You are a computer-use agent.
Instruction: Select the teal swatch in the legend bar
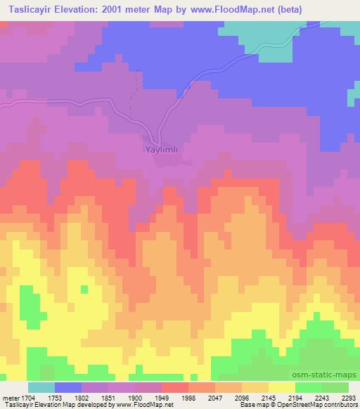click(x=41, y=387)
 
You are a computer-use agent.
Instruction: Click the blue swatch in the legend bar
click(x=68, y=387)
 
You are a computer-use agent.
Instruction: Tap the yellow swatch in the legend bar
click(x=281, y=387)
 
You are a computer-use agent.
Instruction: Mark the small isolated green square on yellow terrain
click(x=84, y=289)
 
